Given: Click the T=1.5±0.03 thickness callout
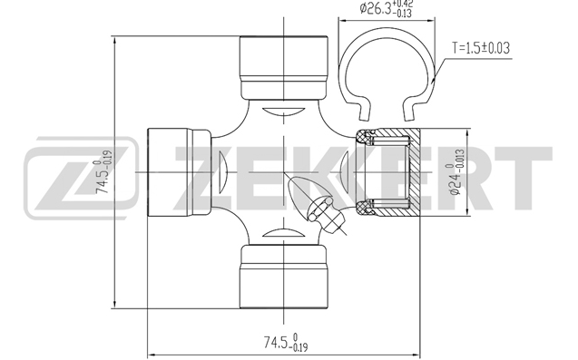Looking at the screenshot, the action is pyautogui.click(x=481, y=48).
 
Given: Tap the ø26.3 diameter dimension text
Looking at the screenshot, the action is pyautogui.click(x=387, y=8).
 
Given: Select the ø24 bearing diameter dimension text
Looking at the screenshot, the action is pyautogui.click(x=456, y=171).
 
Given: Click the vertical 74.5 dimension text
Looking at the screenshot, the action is pyautogui.click(x=103, y=171).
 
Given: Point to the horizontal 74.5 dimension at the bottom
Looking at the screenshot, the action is pyautogui.click(x=286, y=342).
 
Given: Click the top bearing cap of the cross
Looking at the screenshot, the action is pyautogui.click(x=283, y=68).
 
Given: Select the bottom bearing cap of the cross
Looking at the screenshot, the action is pyautogui.click(x=283, y=277).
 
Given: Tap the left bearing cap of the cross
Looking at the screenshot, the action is pyautogui.click(x=180, y=172).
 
